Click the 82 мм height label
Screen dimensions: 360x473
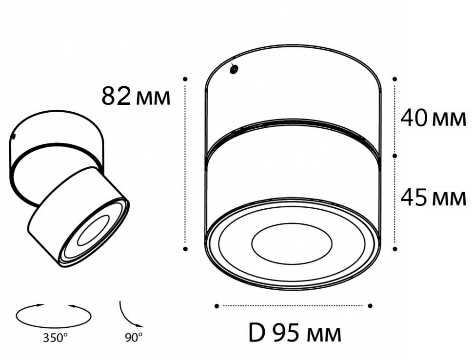click(136, 96)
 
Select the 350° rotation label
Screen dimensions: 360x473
click(55, 337)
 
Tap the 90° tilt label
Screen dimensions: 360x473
click(133, 337)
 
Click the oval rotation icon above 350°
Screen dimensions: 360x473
click(54, 316)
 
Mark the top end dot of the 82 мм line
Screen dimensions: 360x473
click(185, 79)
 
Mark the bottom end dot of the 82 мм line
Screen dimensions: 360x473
click(185, 249)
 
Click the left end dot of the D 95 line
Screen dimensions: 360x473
click(217, 306)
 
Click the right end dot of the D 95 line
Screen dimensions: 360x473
click(370, 306)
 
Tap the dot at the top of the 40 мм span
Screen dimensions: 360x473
click(395, 79)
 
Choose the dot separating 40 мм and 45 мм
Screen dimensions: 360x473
click(395, 155)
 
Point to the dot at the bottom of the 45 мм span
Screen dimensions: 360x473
click(395, 249)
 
